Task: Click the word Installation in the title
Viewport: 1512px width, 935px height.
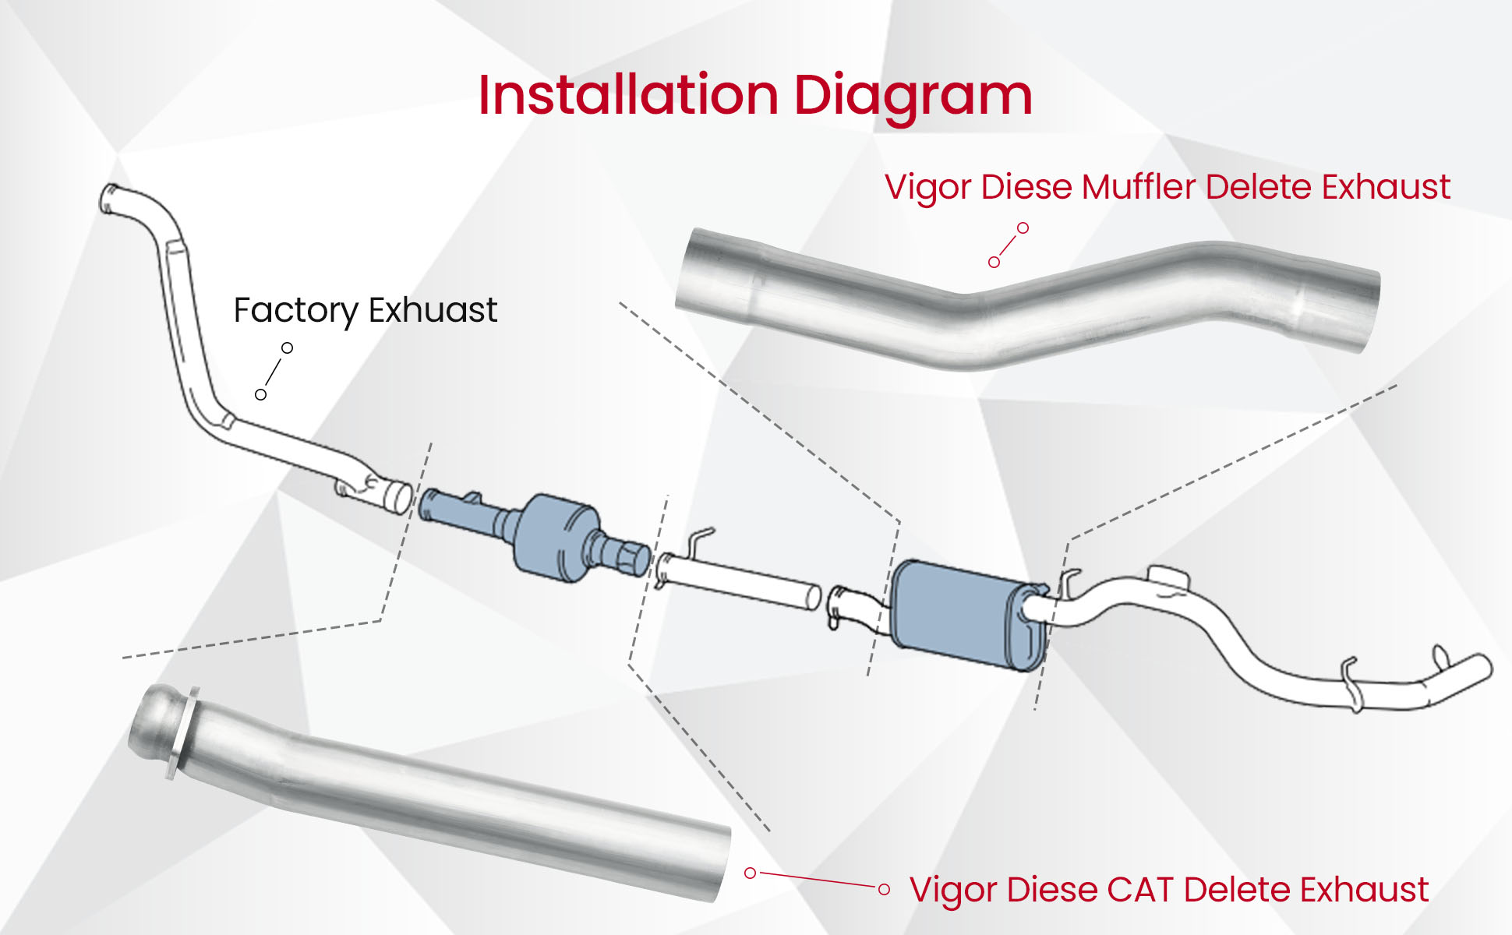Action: (x=628, y=96)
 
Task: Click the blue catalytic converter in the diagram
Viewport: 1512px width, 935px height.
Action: (x=556, y=536)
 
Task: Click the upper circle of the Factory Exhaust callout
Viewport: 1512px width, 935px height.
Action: (x=287, y=348)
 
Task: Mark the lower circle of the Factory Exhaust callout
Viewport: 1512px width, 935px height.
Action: (x=261, y=395)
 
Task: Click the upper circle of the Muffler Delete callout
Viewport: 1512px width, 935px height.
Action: (x=1023, y=228)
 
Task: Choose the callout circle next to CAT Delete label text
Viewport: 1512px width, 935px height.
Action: (x=884, y=889)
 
